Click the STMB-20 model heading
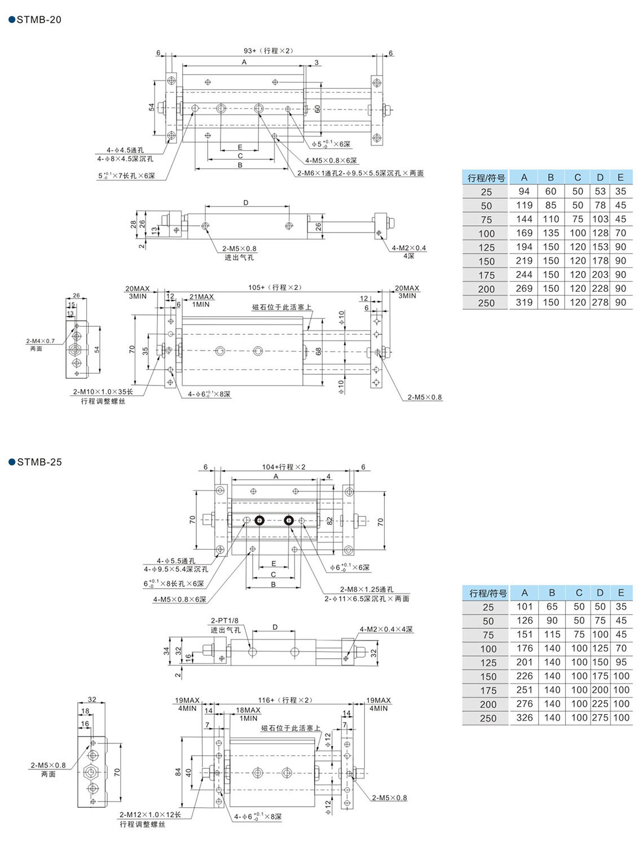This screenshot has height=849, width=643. click(x=38, y=20)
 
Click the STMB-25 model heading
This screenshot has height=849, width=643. click(x=39, y=462)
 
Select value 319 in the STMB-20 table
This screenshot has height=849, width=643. click(x=524, y=303)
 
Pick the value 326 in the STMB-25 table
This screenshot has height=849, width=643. click(x=525, y=718)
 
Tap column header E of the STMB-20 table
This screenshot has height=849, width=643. click(x=620, y=177)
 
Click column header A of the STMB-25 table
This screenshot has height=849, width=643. click(x=525, y=593)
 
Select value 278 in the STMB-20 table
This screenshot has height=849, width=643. click(x=600, y=303)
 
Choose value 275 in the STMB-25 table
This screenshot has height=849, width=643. click(x=600, y=718)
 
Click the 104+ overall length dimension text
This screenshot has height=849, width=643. click(x=283, y=467)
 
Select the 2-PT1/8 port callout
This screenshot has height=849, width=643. click(x=224, y=620)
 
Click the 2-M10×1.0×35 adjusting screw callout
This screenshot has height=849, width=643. click(x=103, y=392)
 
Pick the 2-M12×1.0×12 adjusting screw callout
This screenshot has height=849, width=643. click(x=150, y=815)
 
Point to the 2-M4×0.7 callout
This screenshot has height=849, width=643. click(x=40, y=341)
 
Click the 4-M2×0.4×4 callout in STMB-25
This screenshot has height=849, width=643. click(x=386, y=629)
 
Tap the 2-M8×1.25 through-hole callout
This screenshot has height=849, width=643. click(x=366, y=589)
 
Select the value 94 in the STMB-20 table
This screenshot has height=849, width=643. click(x=524, y=191)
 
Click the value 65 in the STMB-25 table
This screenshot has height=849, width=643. click(x=552, y=607)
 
